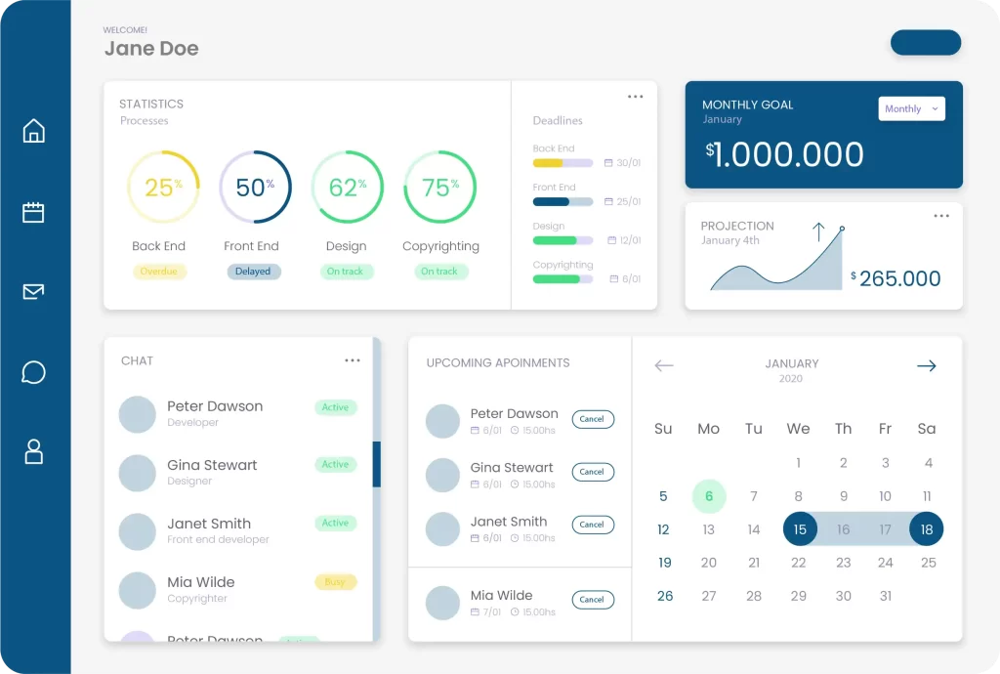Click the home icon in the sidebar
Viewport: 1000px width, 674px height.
[x=34, y=131]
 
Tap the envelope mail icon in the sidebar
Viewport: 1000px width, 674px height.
[x=34, y=291]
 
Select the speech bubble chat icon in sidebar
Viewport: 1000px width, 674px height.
[x=34, y=372]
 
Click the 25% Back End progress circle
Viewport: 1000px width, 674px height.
[x=163, y=188]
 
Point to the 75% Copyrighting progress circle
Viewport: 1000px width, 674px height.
[x=439, y=188]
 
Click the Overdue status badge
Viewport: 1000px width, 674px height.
[x=159, y=272]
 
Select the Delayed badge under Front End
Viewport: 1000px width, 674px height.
[x=253, y=272]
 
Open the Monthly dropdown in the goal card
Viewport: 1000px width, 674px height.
[x=911, y=109]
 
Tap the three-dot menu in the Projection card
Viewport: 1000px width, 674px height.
[x=940, y=216]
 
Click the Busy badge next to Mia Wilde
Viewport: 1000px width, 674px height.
[x=335, y=582]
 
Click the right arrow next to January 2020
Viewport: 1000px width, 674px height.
[x=926, y=366]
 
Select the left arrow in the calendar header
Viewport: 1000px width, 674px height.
[x=664, y=366]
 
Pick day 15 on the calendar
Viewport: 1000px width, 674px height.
[x=800, y=529]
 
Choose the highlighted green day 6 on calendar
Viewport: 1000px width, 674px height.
[x=709, y=496]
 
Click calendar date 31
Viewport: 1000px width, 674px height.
[x=885, y=596]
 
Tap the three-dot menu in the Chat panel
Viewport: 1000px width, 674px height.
[x=353, y=360]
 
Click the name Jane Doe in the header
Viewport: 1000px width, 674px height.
[x=151, y=49]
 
